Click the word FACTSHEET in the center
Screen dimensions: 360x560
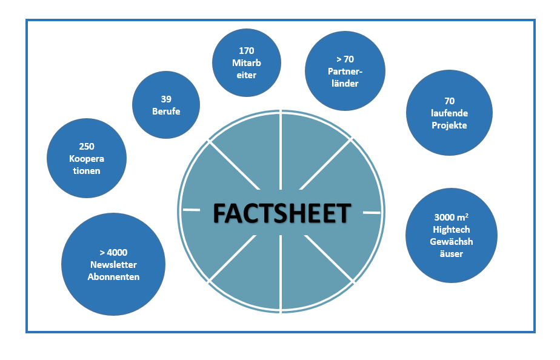[x=282, y=213]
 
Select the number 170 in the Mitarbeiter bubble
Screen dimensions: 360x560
[x=247, y=51]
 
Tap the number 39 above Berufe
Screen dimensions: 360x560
[x=166, y=99]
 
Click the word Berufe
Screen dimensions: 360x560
[x=166, y=111]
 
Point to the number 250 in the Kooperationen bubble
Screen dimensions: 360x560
[x=87, y=147]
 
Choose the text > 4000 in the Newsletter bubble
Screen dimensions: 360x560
[x=113, y=252]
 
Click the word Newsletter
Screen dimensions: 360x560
[x=113, y=264]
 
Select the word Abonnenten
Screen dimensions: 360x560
[x=113, y=276]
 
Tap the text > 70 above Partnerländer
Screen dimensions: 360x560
[x=345, y=59]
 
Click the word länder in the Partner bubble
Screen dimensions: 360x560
[x=345, y=83]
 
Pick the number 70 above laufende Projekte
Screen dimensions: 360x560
[x=449, y=101]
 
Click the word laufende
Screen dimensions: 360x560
[x=449, y=113]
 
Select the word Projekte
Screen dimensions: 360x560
[x=449, y=125]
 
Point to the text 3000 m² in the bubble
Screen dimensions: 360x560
[x=452, y=218]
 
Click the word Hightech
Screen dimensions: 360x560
[x=452, y=230]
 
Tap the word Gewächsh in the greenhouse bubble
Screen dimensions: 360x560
[x=452, y=242]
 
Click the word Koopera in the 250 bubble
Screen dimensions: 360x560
[x=87, y=159]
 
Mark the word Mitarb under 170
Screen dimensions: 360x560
[x=247, y=63]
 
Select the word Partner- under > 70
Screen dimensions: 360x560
[x=345, y=72]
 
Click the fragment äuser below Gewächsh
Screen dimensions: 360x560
[x=452, y=254]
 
